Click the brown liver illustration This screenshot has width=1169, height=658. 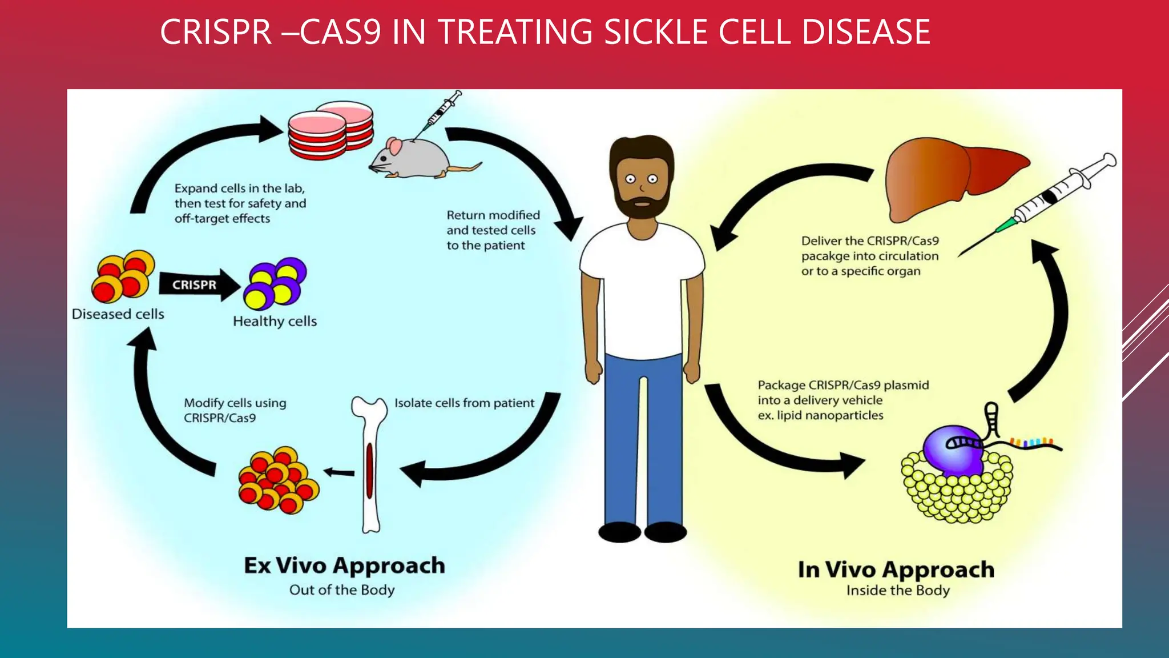(948, 177)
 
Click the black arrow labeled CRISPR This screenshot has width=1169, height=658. (197, 284)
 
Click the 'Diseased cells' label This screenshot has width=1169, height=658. (118, 314)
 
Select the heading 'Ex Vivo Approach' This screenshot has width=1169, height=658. (344, 565)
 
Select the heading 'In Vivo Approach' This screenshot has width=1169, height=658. (896, 569)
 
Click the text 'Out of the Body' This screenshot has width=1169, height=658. (341, 590)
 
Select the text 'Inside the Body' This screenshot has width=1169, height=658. (898, 590)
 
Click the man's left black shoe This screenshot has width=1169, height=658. (619, 532)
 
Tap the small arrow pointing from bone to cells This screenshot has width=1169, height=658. (340, 472)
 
